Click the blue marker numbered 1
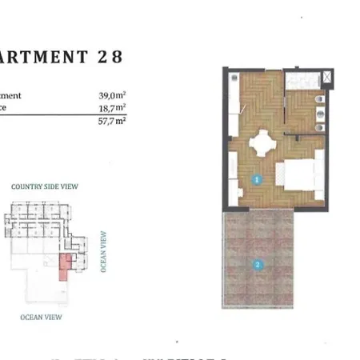click(256, 179)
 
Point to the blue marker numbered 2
click(258, 265)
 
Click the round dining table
click(262, 146)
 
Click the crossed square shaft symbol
click(329, 78)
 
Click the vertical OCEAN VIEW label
click(104, 252)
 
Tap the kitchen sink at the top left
click(233, 79)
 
